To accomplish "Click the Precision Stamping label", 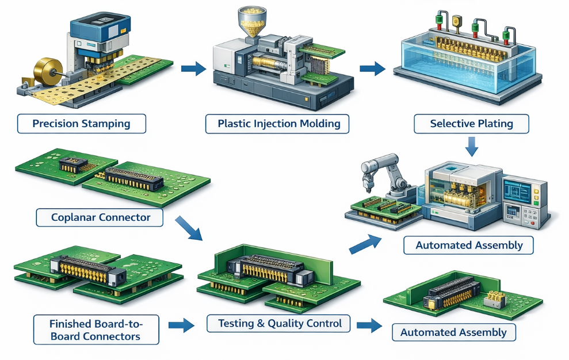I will click(81, 124).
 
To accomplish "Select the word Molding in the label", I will click(320, 124).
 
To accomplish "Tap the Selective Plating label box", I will click(471, 124).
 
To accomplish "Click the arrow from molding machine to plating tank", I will click(372, 69).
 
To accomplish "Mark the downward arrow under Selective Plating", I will click(472, 146).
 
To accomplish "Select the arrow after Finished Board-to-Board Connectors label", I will click(181, 325).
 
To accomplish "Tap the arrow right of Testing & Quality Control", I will click(369, 325).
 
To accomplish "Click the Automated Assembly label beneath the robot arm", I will click(469, 246).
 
